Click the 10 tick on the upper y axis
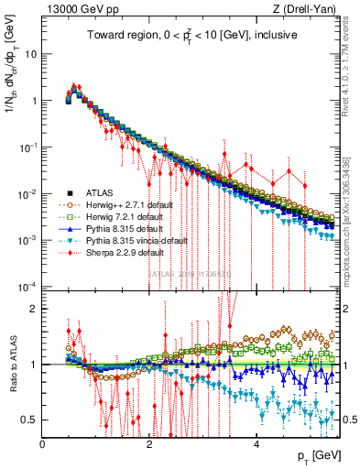[x=31, y=53]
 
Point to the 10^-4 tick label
[x=27, y=287]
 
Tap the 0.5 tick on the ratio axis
[x=29, y=420]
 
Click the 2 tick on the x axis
[x=149, y=442]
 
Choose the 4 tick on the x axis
[x=256, y=442]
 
